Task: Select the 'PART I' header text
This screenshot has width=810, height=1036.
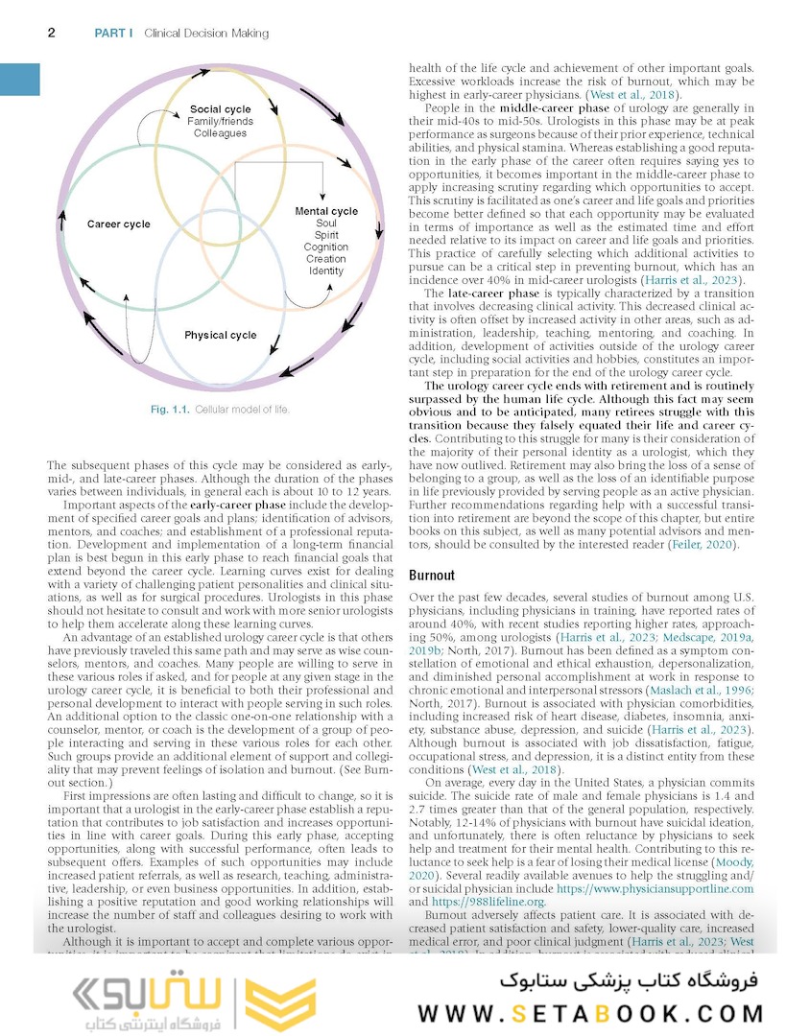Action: point(113,34)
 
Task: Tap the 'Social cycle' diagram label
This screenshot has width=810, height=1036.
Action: point(220,109)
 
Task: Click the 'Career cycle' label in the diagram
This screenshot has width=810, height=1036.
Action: point(119,224)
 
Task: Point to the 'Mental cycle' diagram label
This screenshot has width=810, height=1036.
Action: point(326,211)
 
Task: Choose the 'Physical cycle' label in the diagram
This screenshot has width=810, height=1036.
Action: point(221,335)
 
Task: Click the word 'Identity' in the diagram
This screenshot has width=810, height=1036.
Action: point(326,271)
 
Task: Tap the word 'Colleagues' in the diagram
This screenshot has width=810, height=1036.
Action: point(220,133)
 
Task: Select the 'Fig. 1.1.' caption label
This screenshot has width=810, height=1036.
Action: point(171,410)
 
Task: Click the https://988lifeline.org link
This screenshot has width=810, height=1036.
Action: point(491,902)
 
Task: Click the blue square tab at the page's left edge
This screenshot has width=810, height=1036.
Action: point(19,79)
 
